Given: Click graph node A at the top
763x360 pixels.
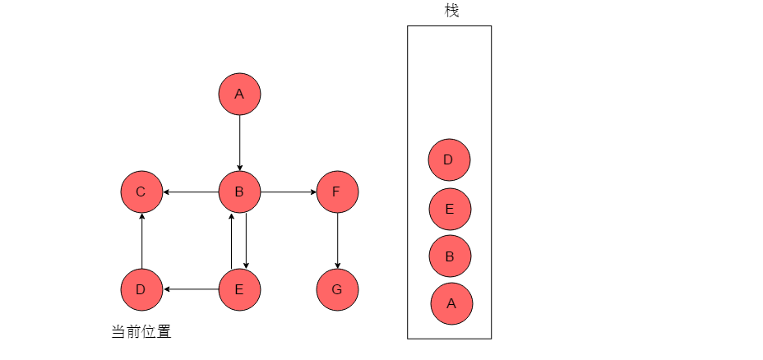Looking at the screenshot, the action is [239, 94].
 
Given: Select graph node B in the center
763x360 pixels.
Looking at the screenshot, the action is [239, 192].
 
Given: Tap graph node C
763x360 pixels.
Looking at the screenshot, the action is [141, 192].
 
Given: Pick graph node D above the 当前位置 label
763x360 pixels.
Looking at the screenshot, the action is [141, 289].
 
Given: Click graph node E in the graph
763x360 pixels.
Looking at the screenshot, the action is [239, 289].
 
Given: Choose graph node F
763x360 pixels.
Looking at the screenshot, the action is [337, 192].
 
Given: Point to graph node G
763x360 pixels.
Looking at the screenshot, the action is [337, 289].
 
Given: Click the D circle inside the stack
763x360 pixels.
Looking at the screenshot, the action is [449, 160].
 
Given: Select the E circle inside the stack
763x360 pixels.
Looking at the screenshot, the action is [450, 210].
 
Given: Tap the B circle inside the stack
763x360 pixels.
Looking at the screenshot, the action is [450, 256].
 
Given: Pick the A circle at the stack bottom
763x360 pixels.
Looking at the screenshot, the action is [451, 303].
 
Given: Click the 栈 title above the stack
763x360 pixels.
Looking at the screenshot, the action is [451, 10].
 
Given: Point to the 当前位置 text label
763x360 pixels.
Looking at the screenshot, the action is [141, 332].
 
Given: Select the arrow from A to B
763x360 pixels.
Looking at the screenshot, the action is [239, 143].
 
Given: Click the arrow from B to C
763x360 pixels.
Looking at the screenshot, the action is [191, 192].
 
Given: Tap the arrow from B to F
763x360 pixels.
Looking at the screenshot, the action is [289, 192].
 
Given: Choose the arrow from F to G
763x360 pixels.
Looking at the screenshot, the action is [337, 241].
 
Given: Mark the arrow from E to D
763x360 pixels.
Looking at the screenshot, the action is [191, 289].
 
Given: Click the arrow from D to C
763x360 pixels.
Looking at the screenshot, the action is [141, 241].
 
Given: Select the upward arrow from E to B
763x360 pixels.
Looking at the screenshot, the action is [232, 241].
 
